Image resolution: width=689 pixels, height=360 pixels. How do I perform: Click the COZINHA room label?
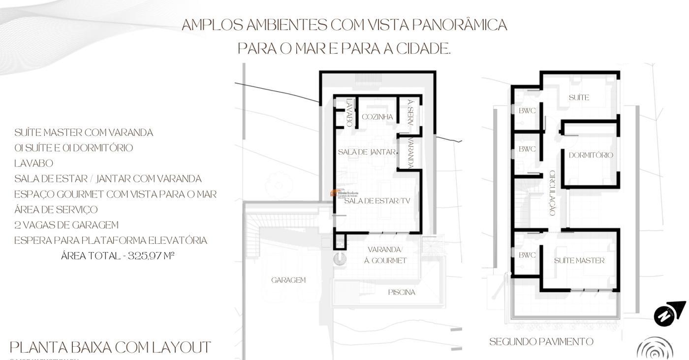pyautogui.click(x=377, y=117)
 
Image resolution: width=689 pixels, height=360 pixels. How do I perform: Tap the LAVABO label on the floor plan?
pyautogui.click(x=349, y=113)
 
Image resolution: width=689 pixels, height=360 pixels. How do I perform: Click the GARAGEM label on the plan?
pyautogui.click(x=288, y=280)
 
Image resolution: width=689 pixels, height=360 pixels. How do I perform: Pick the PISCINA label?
pyautogui.click(x=402, y=293)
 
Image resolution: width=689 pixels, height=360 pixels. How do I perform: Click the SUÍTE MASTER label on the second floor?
pyautogui.click(x=579, y=261)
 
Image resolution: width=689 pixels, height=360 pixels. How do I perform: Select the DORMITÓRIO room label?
pyautogui.click(x=591, y=155)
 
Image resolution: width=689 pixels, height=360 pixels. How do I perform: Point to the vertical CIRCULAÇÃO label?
pyautogui.click(x=552, y=193)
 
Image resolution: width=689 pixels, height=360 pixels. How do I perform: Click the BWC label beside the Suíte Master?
pyautogui.click(x=527, y=255)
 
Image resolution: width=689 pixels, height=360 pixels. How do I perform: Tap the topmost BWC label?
pyautogui.click(x=527, y=111)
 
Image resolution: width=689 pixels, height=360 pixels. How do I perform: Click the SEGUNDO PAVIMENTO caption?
pyautogui.click(x=541, y=342)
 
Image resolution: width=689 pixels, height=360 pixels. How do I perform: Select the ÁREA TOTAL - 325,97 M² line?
pyautogui.click(x=118, y=256)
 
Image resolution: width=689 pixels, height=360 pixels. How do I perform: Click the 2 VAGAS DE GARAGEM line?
pyautogui.click(x=66, y=225)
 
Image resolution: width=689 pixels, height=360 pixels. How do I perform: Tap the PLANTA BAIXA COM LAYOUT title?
pyautogui.click(x=110, y=348)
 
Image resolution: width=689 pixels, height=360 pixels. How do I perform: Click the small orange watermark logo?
pyautogui.click(x=334, y=193)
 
